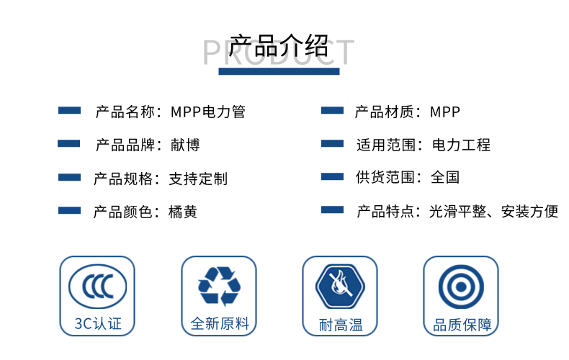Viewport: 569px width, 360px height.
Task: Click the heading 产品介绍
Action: coord(278,46)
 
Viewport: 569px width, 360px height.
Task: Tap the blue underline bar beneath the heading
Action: coord(279,71)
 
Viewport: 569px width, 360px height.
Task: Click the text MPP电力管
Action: coord(208,112)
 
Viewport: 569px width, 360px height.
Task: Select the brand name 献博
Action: coord(185,145)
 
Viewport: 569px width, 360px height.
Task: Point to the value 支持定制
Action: coord(198,179)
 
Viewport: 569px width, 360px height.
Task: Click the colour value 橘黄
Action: coord(183,212)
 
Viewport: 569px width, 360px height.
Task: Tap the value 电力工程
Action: coord(461,145)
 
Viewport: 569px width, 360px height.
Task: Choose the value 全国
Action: coord(445,177)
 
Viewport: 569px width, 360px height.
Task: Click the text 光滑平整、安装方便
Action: coord(493,211)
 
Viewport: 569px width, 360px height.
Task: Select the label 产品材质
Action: coord(385,112)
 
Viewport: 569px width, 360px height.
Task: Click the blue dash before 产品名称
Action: coord(69,110)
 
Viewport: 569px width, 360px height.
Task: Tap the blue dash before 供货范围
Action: coord(333,176)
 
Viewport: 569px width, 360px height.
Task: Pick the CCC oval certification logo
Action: coord(98,287)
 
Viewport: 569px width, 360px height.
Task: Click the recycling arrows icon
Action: coord(219,286)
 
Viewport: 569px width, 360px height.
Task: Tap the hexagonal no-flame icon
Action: coord(340,287)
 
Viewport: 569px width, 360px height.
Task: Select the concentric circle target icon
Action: coord(461,287)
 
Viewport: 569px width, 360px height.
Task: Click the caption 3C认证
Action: coord(98,324)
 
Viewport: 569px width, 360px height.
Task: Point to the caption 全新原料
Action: coord(220,324)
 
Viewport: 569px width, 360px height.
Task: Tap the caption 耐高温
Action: coord(341,325)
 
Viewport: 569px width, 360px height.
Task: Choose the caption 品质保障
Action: coord(462,325)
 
